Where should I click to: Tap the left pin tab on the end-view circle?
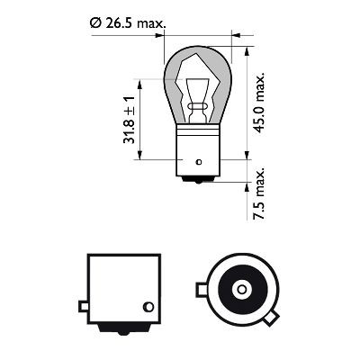click(201, 290)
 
